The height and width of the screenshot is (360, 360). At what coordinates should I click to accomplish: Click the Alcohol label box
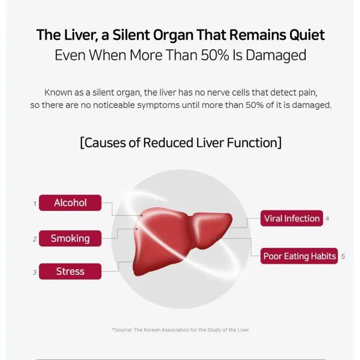point(70,203)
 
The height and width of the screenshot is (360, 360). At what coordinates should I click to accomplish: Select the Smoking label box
point(70,238)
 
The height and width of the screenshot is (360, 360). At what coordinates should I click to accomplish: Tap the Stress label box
point(70,271)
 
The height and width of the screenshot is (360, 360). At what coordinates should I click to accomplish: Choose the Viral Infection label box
point(291,218)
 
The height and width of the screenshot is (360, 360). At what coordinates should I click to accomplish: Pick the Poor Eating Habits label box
point(299,256)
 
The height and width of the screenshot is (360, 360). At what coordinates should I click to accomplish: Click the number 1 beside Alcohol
point(35,204)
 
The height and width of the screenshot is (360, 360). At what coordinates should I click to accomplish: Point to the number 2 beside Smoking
point(35,239)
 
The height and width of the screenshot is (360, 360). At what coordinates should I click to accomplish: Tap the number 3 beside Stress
point(35,272)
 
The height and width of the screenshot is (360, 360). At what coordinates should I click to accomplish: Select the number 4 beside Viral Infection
point(327,218)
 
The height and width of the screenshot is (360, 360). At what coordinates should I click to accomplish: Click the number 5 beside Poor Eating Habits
point(343,256)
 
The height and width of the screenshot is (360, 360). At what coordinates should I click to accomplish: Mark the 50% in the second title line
point(215,55)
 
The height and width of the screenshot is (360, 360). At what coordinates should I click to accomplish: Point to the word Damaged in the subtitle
point(276,55)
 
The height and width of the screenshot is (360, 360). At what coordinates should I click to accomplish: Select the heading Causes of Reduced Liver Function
point(181,142)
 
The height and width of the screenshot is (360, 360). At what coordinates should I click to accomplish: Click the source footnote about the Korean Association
point(181,330)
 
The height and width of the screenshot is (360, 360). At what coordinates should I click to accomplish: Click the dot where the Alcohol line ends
point(142,215)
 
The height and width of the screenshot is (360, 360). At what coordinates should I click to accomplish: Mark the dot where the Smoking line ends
point(136,229)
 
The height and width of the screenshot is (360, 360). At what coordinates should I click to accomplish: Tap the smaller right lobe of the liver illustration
point(211,228)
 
